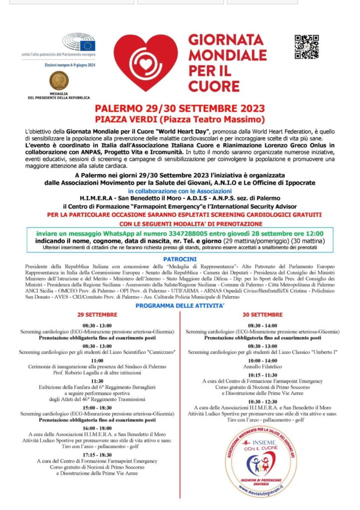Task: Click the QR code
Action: point(306,47)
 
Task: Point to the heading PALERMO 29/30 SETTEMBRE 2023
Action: point(180,109)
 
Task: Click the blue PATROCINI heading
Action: point(180,259)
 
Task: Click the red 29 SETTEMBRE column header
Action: point(97,315)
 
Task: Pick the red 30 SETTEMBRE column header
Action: point(262,315)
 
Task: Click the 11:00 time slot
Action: point(97,360)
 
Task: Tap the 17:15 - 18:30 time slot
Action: point(97,454)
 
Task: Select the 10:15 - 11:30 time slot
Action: point(262,375)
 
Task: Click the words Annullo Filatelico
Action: point(262,367)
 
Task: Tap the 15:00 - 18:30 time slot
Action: point(97,407)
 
